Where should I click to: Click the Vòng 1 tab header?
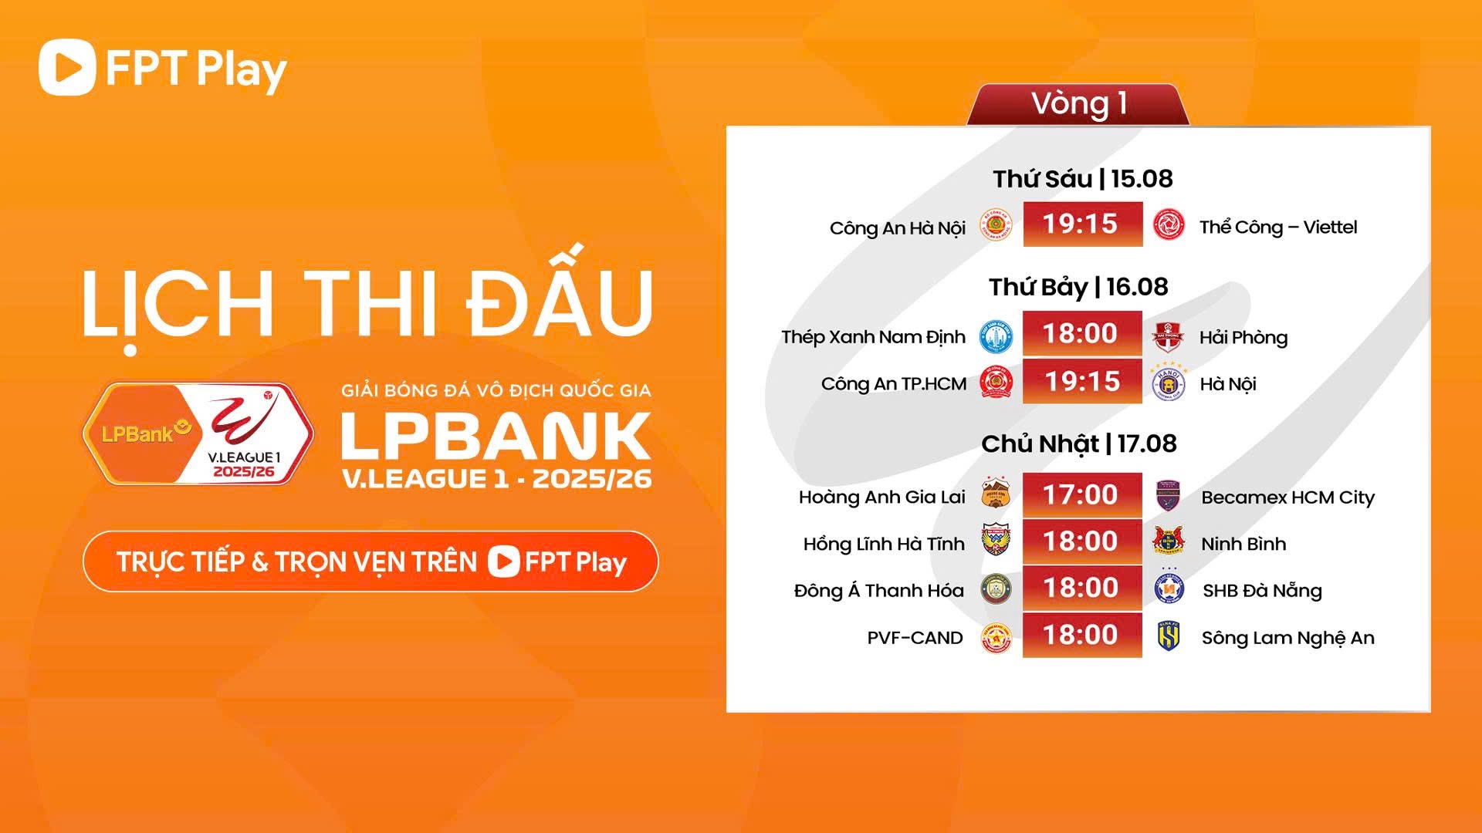click(1078, 104)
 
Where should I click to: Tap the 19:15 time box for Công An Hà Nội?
click(1082, 224)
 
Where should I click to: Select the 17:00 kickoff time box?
click(1082, 494)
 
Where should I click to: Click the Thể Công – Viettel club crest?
click(1169, 225)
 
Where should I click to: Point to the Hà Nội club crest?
click(1169, 383)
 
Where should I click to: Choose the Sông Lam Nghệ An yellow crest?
click(1168, 637)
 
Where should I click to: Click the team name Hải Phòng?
click(1243, 338)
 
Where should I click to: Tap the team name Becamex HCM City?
click(1287, 497)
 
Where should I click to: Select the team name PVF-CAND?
click(915, 638)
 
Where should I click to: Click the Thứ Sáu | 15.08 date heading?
click(1082, 179)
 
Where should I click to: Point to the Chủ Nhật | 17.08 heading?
click(1079, 443)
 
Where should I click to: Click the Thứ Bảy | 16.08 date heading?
click(1078, 287)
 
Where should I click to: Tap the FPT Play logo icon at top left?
click(67, 68)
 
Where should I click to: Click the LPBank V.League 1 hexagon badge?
click(198, 433)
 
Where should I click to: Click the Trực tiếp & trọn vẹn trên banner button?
click(370, 562)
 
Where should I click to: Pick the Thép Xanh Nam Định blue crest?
click(996, 336)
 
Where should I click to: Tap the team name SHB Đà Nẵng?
click(1262, 591)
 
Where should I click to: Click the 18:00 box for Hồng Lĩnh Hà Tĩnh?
click(1082, 541)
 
